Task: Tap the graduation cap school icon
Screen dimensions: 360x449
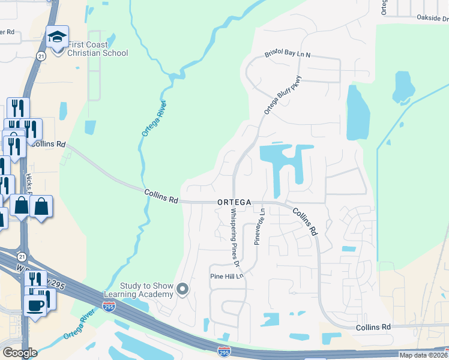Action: [x=58, y=38]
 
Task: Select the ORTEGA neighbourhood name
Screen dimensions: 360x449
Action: [x=234, y=203]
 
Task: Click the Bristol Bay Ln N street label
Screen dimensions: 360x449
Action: [x=288, y=55]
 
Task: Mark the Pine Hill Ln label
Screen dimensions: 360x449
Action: [x=225, y=276]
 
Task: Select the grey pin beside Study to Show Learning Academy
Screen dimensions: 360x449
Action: [x=183, y=290]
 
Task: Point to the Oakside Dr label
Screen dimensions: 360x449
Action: [x=432, y=19]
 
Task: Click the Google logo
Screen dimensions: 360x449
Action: [x=20, y=353]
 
